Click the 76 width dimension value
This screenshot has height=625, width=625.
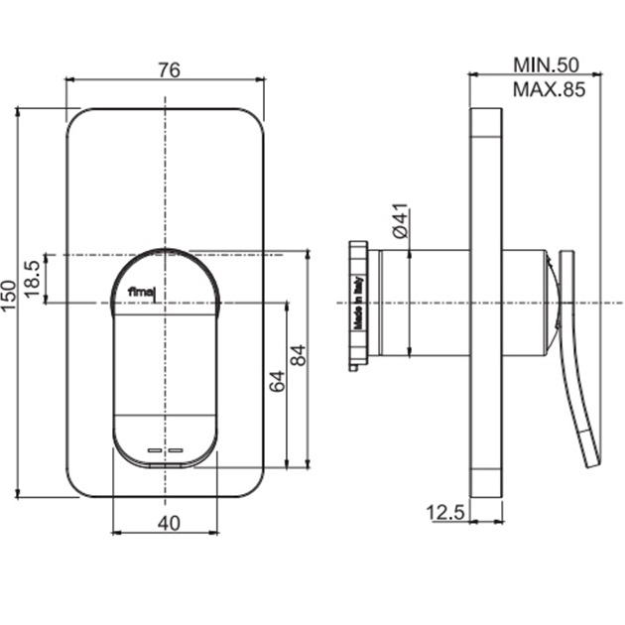pos(170,69)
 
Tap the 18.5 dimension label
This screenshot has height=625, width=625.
pos(32,279)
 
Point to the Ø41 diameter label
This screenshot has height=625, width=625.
pos(398,220)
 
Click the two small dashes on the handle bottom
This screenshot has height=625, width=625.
pos(166,450)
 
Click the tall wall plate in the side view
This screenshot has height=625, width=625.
pos(486,302)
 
